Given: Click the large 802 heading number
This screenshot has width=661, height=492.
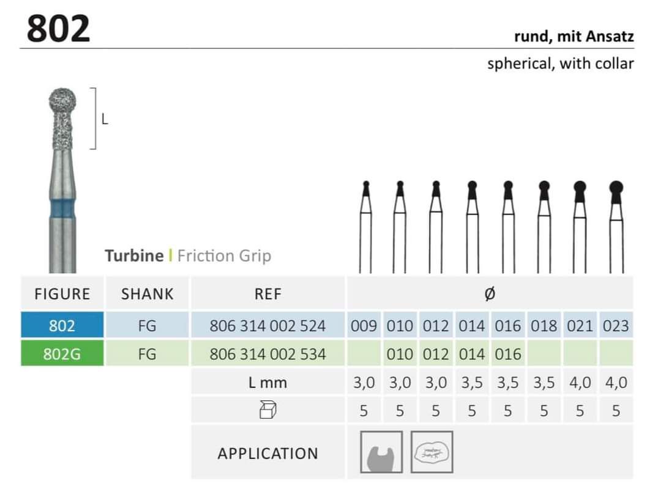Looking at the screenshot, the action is (x=58, y=28).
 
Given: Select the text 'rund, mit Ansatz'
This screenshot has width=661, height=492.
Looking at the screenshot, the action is (x=573, y=37).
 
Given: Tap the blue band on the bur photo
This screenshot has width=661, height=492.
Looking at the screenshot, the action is (x=63, y=209).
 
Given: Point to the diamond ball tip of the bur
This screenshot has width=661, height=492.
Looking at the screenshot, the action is (x=63, y=101).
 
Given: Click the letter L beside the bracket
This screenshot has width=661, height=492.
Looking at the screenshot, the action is (x=105, y=120).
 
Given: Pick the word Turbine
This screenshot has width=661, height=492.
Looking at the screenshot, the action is (x=134, y=256).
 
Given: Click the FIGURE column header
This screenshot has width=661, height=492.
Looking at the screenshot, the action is (x=62, y=294).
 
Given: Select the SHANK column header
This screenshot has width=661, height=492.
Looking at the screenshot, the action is (x=147, y=294).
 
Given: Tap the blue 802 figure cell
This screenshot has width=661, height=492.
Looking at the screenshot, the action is (x=62, y=325).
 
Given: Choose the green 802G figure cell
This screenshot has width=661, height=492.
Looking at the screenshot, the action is (x=62, y=353).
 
